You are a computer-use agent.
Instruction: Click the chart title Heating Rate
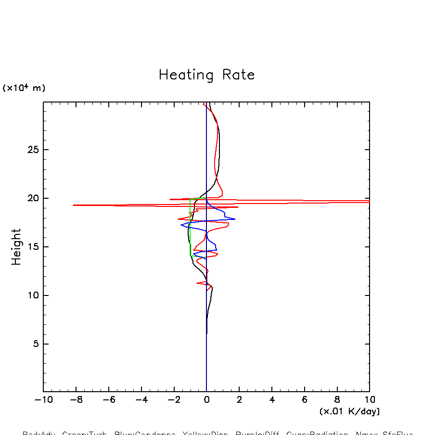point(206,75)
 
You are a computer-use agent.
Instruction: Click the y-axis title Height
point(16,247)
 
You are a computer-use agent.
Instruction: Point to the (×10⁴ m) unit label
point(24,88)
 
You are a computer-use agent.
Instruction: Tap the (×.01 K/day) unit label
point(349,411)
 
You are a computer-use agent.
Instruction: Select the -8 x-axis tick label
point(76,399)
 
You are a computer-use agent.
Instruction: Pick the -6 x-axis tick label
point(108,399)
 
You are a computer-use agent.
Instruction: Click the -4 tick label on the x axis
point(141,399)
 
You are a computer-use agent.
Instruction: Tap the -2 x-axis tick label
point(174,399)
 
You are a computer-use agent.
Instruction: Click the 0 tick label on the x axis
point(206,399)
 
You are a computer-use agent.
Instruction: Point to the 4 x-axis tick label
point(272,399)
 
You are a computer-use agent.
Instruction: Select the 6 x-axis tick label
point(305,399)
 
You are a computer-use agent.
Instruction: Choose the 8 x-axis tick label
point(337,399)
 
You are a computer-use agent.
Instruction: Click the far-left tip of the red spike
point(73,205)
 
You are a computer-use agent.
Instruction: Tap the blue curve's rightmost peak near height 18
point(235,219)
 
